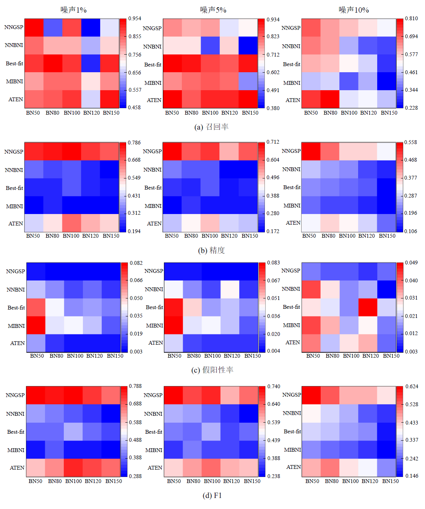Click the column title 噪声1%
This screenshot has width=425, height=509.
tap(73, 10)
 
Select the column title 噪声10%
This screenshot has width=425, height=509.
tap(354, 10)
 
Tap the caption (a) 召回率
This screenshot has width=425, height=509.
tap(211, 127)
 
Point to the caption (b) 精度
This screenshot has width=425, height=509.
tap(211, 250)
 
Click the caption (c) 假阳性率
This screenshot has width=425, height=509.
tap(212, 370)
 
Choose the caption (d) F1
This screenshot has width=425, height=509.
tap(212, 496)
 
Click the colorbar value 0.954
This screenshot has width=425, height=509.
tap(135, 18)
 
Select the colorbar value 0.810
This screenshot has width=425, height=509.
tap(411, 18)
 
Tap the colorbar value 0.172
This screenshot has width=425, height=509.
tap(273, 231)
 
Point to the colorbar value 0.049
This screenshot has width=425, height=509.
tap(411, 263)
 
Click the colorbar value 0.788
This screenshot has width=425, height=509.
tap(135, 386)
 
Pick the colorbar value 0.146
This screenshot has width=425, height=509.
tap(412, 476)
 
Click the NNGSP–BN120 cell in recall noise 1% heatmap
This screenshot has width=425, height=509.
tap(91, 28)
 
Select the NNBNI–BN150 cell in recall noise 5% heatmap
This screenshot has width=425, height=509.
tap(248, 46)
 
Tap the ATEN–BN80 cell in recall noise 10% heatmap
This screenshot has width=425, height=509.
tap(330, 99)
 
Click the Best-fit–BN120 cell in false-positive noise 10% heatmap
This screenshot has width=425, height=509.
tap(368, 307)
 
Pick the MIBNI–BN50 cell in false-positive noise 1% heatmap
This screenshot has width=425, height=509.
tap(36, 325)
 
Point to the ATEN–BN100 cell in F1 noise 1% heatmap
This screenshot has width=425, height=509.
tap(73, 468)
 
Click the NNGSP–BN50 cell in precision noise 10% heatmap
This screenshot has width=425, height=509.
tap(311, 151)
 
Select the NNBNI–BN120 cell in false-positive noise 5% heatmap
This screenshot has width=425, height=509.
tap(230, 289)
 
